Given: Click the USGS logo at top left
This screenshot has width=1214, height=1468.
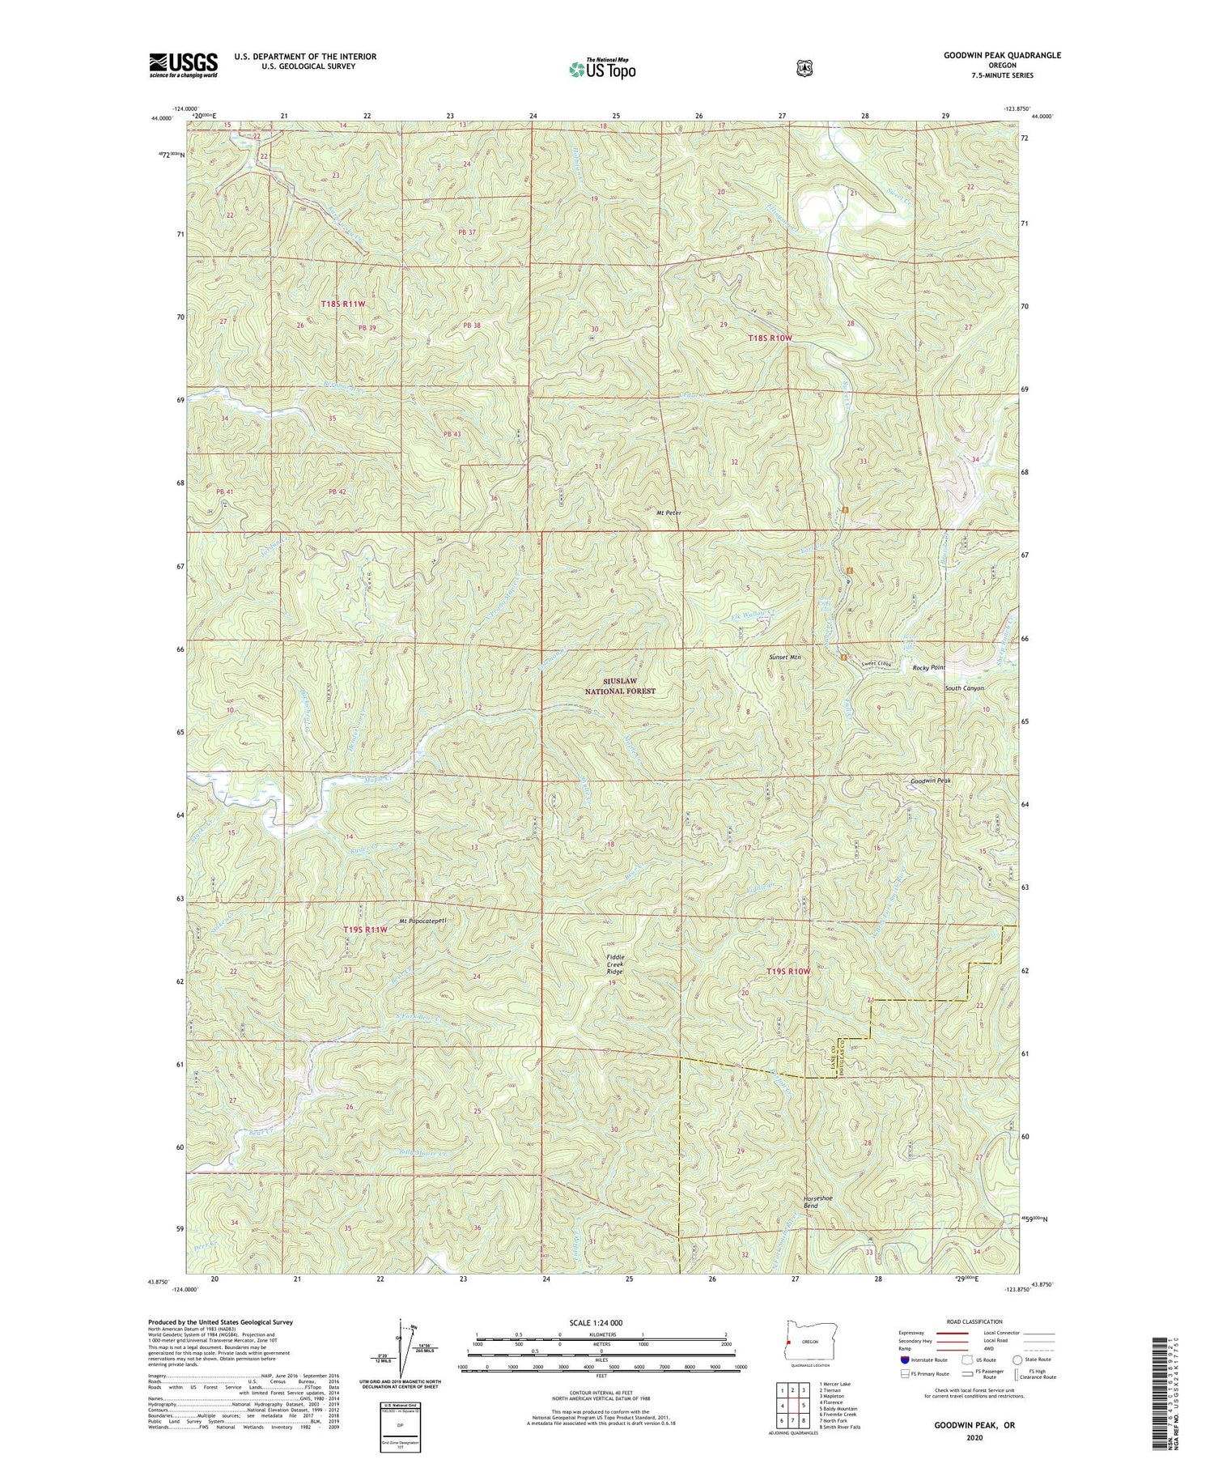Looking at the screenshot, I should (x=183, y=65).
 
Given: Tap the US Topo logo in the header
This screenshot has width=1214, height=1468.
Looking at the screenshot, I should (x=602, y=68).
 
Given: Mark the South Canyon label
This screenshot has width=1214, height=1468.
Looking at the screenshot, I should (x=965, y=687).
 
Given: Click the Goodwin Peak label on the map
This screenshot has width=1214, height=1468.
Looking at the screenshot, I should (x=930, y=781).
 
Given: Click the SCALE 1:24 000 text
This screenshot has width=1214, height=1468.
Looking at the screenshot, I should (x=600, y=1322).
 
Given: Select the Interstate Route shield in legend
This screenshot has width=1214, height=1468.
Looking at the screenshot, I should (x=905, y=1359).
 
